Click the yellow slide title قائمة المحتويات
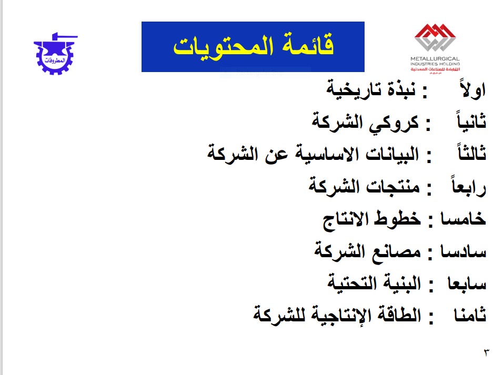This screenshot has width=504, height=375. click(x=253, y=47)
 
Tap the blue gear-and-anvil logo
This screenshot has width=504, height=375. click(x=55, y=53)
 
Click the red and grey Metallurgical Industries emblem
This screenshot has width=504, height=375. click(x=435, y=37)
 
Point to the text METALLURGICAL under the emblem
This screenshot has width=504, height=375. click(x=435, y=59)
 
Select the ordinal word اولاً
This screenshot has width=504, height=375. click(x=473, y=89)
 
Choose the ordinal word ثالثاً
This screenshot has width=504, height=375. click(x=472, y=153)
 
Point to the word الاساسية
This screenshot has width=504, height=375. click(x=328, y=153)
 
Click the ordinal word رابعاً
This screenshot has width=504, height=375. click(x=469, y=186)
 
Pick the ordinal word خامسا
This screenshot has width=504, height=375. click(x=463, y=218)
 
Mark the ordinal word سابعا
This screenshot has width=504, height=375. click(x=467, y=283)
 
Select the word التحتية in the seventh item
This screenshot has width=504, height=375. click(x=348, y=283)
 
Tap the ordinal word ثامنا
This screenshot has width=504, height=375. click(x=470, y=315)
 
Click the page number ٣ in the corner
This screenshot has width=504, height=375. click(x=486, y=352)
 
